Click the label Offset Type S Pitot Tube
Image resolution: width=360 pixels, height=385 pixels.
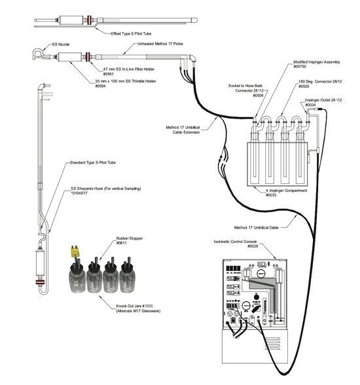(131, 33)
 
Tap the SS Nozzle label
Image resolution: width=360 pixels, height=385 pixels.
(61, 45)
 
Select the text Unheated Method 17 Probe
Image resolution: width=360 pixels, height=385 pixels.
(160, 44)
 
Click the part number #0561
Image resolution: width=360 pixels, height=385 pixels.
(108, 74)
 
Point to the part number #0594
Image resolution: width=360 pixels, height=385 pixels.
(100, 86)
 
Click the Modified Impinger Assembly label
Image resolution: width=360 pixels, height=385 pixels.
(317, 62)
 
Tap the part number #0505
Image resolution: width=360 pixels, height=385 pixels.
(304, 86)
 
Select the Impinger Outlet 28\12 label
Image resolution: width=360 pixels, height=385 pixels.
(323, 100)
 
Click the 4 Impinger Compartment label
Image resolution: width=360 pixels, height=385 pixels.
(287, 191)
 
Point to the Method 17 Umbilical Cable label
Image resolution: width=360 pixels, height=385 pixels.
(256, 228)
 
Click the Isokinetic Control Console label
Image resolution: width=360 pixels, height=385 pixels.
(235, 242)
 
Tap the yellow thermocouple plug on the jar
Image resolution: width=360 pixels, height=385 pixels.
(75, 251)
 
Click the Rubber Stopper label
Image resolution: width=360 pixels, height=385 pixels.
(130, 238)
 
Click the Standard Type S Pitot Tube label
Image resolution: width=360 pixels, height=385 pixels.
(93, 162)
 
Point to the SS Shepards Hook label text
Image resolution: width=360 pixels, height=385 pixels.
(106, 189)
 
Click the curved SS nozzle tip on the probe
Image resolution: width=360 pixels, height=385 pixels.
(37, 53)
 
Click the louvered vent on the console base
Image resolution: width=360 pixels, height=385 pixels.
(272, 343)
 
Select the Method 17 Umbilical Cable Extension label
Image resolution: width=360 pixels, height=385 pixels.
(183, 130)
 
